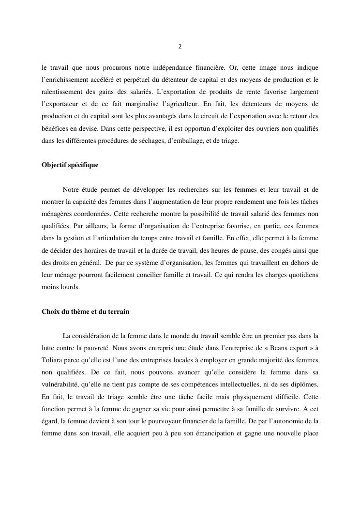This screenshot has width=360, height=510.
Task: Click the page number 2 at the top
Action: coord(180,47)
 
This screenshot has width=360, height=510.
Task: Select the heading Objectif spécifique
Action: coord(70,165)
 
